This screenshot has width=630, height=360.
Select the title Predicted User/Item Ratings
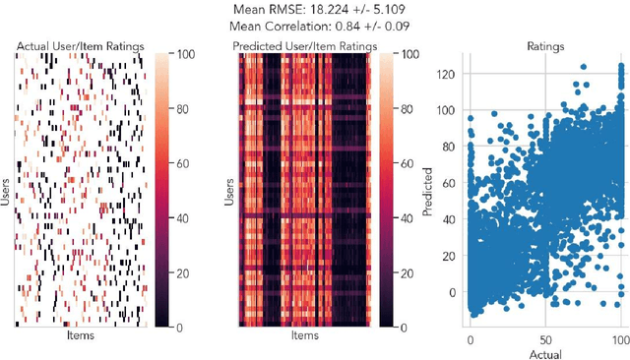(305, 45)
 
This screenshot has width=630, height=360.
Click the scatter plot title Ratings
(546, 45)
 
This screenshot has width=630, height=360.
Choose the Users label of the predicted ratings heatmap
(229, 187)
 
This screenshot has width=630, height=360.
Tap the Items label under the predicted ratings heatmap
(305, 335)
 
